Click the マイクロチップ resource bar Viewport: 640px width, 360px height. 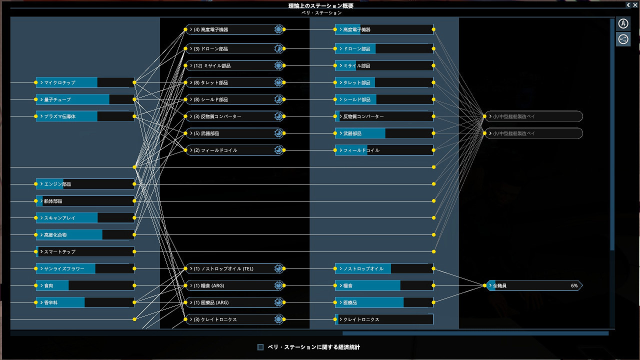click(85, 82)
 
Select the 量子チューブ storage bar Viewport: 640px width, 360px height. click(85, 99)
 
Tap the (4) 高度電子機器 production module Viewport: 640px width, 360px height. click(234, 29)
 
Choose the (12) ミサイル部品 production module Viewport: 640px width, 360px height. click(234, 65)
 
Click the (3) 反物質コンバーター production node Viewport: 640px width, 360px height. click(234, 116)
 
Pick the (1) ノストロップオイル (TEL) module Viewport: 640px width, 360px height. click(234, 268)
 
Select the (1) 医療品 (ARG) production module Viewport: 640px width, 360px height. click(234, 302)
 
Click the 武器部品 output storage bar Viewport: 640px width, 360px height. click(384, 133)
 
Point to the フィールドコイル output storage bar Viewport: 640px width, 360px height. click(384, 150)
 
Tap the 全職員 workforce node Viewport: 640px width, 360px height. click(534, 285)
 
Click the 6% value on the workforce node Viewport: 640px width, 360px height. click(574, 285)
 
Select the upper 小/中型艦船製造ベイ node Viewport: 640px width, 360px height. click(534, 116)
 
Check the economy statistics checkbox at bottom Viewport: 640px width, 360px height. click(260, 347)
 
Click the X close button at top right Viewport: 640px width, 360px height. click(635, 5)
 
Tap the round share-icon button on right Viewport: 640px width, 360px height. click(623, 39)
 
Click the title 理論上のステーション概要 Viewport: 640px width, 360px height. click(320, 5)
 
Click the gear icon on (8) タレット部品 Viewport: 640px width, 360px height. click(278, 82)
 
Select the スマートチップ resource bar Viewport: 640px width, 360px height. click(85, 251)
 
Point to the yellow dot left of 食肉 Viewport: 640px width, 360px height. click(35, 285)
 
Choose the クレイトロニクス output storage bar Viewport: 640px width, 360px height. click(384, 319)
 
